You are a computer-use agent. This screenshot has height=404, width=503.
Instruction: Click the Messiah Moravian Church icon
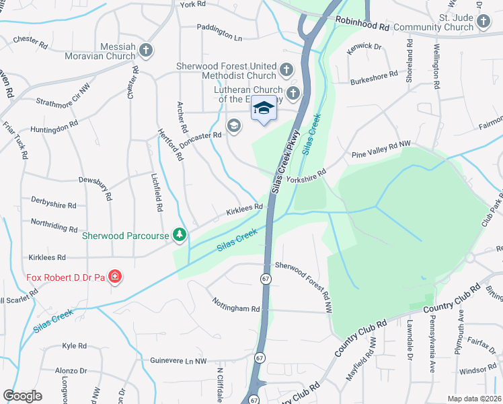coord(145,50)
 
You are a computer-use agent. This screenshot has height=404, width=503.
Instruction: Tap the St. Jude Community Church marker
coord(483,22)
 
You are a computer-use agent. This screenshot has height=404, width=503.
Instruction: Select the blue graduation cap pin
coord(264,110)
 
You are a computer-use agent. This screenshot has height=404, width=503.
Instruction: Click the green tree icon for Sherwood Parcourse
coord(179,234)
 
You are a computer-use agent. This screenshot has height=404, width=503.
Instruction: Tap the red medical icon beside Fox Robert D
coord(115,276)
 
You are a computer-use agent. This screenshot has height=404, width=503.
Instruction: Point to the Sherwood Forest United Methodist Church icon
coord(286,69)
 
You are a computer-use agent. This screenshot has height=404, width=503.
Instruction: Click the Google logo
coord(23,396)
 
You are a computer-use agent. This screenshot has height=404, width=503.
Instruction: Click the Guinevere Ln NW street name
coord(178,361)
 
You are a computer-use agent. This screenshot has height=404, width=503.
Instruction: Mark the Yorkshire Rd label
coord(306,176)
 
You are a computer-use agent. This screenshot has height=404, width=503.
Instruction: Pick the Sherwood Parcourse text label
coord(124,236)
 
